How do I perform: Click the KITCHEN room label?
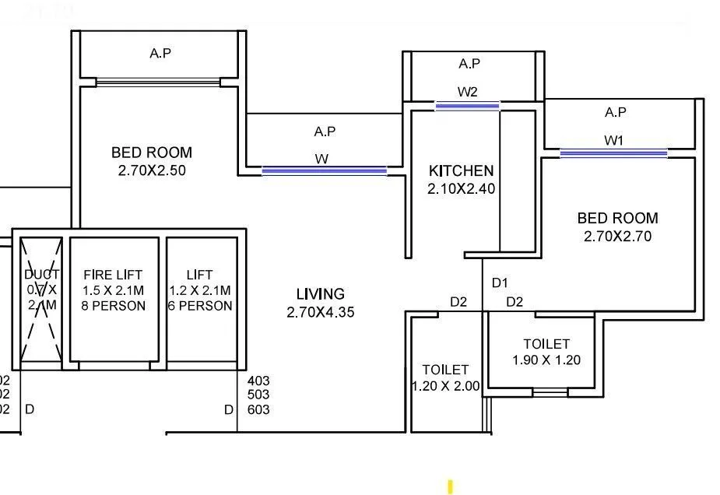[x=461, y=170]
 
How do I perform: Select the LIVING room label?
[x=320, y=294]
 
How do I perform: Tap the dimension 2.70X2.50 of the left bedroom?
[x=152, y=170]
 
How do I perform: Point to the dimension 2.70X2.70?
[x=617, y=236]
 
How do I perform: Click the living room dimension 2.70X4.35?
[x=321, y=312]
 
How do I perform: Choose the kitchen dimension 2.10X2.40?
[x=461, y=188]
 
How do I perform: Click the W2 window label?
[x=467, y=92]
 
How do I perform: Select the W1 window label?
[x=614, y=140]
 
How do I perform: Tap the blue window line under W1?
[x=613, y=153]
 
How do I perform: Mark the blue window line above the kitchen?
[x=467, y=106]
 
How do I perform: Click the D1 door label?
[x=499, y=283]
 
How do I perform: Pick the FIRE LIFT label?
[x=113, y=275]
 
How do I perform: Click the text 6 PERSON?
[x=199, y=306]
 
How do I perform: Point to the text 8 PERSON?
[x=113, y=306]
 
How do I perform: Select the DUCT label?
[x=41, y=275]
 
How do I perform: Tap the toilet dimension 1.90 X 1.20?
[x=546, y=360]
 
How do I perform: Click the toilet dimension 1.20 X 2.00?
[x=445, y=386]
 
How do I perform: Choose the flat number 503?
[x=258, y=395]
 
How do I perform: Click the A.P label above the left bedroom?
[x=160, y=54]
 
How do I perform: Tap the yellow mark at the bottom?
[x=450, y=487]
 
